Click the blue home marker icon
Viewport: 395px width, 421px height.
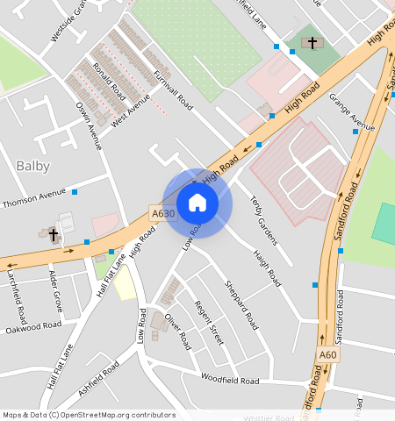coord(197,203)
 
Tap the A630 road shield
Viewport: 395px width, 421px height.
coord(162,213)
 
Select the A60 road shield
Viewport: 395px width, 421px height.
coord(328,354)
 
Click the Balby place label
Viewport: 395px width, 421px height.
coord(33,165)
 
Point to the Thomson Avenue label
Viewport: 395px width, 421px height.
coord(34,198)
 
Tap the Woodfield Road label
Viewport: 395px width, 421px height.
coord(230,381)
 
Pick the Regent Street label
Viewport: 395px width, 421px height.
coord(209,321)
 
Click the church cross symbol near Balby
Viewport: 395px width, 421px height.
coord(53,234)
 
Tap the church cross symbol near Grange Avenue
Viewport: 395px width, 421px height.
coord(311,42)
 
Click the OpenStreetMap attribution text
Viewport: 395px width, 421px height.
coord(88,415)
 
